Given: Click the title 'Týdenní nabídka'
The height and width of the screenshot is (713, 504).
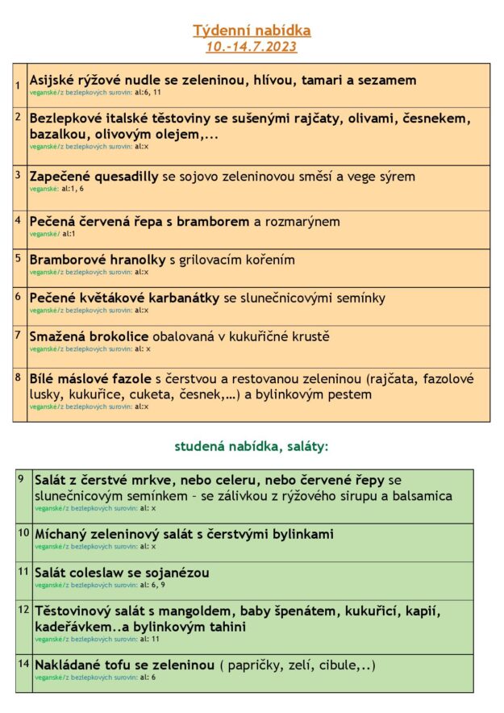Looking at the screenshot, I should [x=252, y=31].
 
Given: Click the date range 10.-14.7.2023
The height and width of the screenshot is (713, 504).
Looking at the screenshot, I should [x=252, y=47].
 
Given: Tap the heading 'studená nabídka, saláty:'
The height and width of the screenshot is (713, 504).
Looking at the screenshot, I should [x=252, y=445].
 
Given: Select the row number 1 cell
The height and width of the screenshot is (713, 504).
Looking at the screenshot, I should [x=19, y=85].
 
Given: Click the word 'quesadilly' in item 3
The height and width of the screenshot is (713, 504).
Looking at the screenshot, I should [x=123, y=177].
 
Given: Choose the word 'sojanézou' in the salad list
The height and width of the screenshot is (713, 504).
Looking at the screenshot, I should [x=177, y=573].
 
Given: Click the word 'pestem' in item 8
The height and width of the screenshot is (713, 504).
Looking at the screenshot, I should [x=348, y=394].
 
